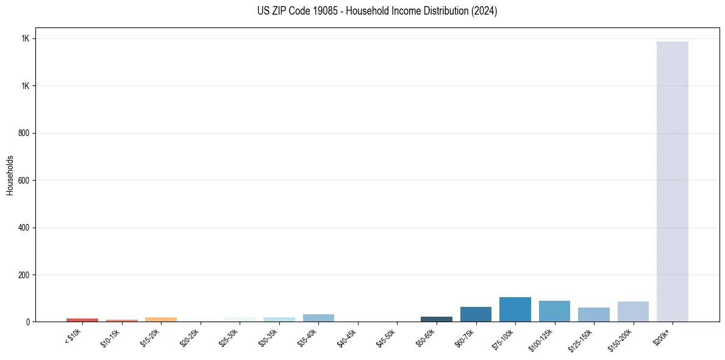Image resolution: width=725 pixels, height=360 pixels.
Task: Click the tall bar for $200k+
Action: [672, 181]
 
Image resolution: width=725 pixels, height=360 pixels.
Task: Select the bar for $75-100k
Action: [515, 309]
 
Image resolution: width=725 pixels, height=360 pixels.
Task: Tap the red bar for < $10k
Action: [82, 320]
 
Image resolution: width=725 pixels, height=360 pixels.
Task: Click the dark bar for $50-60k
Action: [437, 319]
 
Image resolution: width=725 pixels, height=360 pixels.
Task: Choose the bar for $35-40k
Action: [318, 318]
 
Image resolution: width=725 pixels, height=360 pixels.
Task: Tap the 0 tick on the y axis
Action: [29, 322]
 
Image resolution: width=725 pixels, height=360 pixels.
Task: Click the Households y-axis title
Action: [10, 175]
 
